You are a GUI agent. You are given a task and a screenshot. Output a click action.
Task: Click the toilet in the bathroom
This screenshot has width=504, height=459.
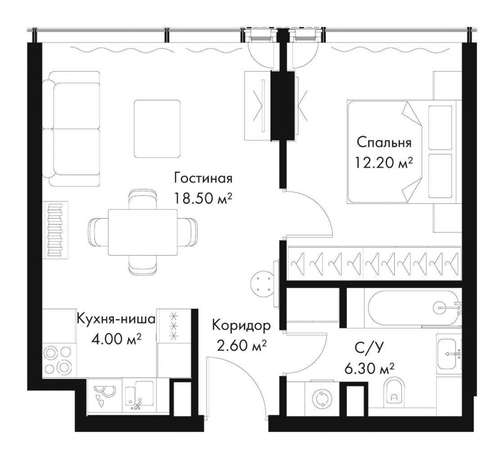pyautogui.click(x=393, y=392)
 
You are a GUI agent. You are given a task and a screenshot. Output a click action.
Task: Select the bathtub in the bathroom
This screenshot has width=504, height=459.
pyautogui.click(x=411, y=306)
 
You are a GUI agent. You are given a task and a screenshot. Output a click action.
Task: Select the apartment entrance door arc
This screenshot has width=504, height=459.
pyautogui.click(x=241, y=377)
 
